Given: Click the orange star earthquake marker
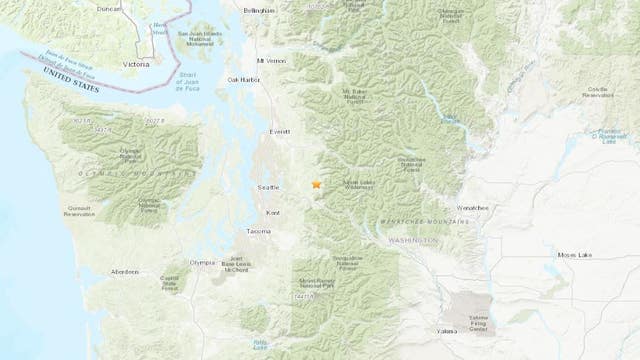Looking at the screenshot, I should [316, 184].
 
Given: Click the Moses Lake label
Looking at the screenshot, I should [575, 256].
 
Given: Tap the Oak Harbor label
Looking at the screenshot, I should [244, 80].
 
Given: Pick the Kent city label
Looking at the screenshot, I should [274, 213].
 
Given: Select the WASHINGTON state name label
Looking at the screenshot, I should [413, 241].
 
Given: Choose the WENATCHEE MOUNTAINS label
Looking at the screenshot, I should [423, 219].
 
